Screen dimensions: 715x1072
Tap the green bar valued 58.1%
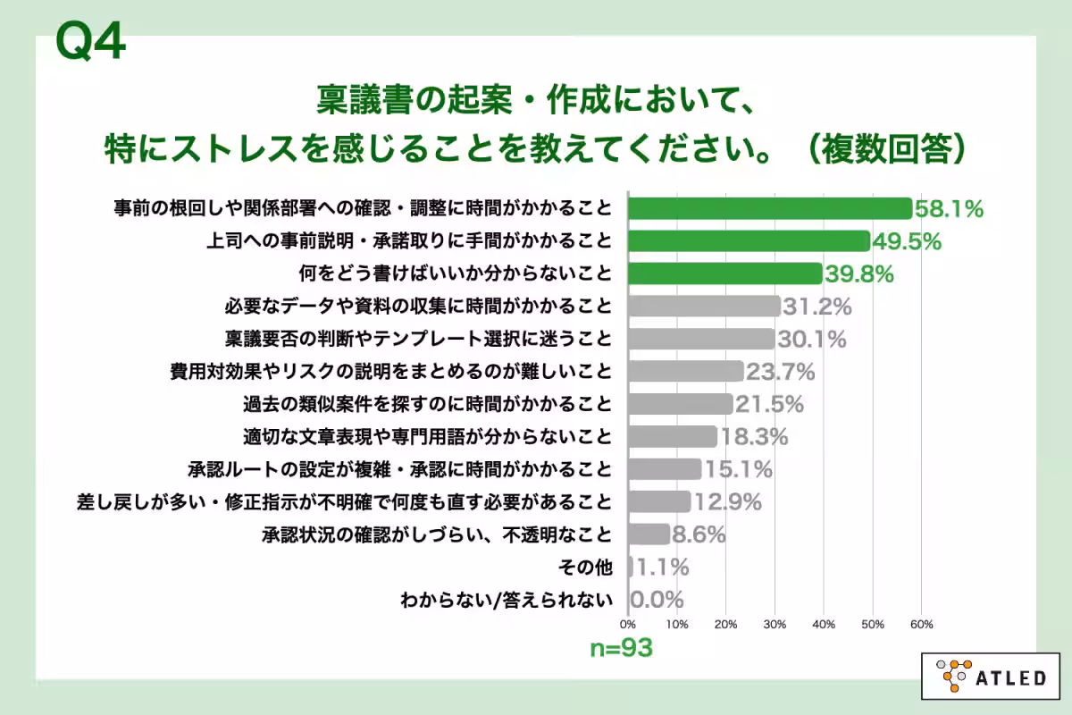point(770,209)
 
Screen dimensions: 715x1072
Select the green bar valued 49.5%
point(749,241)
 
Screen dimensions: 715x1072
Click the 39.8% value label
point(859,273)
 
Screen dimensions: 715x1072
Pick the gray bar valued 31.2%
point(705,307)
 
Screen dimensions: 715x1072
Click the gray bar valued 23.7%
point(686,371)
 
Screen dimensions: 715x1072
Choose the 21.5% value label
point(769,404)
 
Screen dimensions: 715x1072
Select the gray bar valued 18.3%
point(673,436)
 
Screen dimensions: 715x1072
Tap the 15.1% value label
point(737,468)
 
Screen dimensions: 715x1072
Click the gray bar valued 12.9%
point(659,501)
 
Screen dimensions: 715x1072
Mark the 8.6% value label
point(699,534)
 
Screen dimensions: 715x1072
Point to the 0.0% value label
point(657,599)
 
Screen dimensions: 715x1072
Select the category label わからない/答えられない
point(507,599)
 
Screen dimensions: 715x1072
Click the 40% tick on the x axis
point(824,624)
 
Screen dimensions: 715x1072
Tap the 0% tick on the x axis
point(628,624)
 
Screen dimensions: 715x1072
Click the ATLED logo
point(991,677)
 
